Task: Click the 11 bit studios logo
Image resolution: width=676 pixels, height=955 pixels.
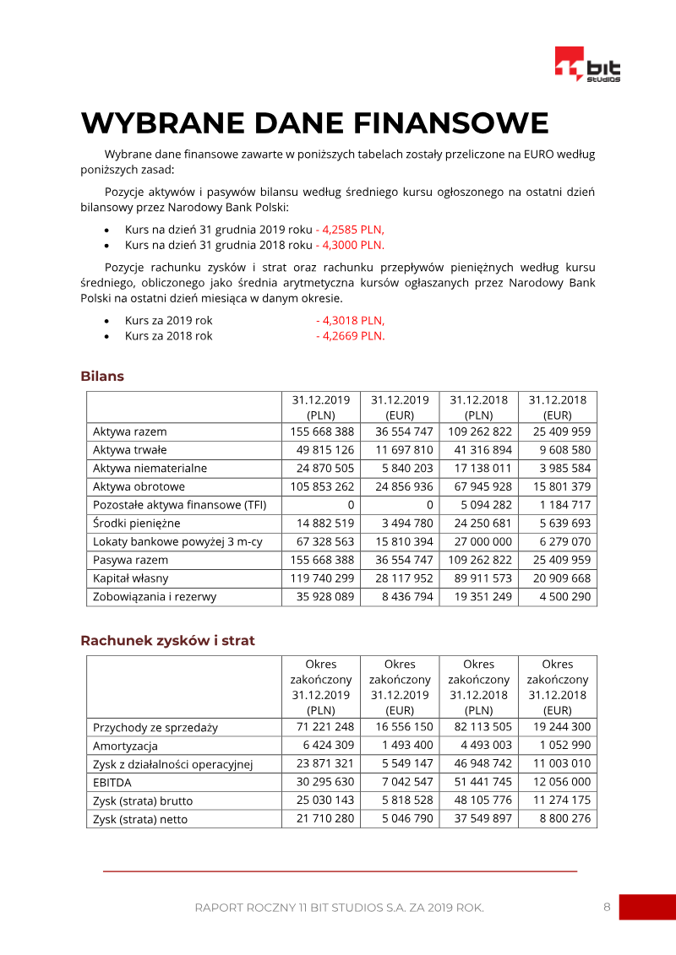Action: (x=587, y=65)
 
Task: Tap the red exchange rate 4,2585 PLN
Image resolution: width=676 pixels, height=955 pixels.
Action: (x=352, y=229)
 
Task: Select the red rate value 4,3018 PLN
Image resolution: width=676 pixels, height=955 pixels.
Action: (x=352, y=320)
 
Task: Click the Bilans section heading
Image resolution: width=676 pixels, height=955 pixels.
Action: (x=102, y=376)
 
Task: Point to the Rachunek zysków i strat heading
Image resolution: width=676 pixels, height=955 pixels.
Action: (x=167, y=640)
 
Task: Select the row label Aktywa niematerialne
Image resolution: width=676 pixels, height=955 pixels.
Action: (x=150, y=468)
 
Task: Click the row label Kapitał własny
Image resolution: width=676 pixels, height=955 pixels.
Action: (x=130, y=578)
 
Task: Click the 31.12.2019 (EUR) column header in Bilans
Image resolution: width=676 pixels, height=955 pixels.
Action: (x=400, y=407)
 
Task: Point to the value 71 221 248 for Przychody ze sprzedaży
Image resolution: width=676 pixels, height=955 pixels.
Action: (x=325, y=727)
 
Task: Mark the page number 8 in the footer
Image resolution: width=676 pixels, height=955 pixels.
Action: (x=607, y=907)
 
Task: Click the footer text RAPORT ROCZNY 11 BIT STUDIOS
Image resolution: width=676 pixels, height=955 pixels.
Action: (x=339, y=908)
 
